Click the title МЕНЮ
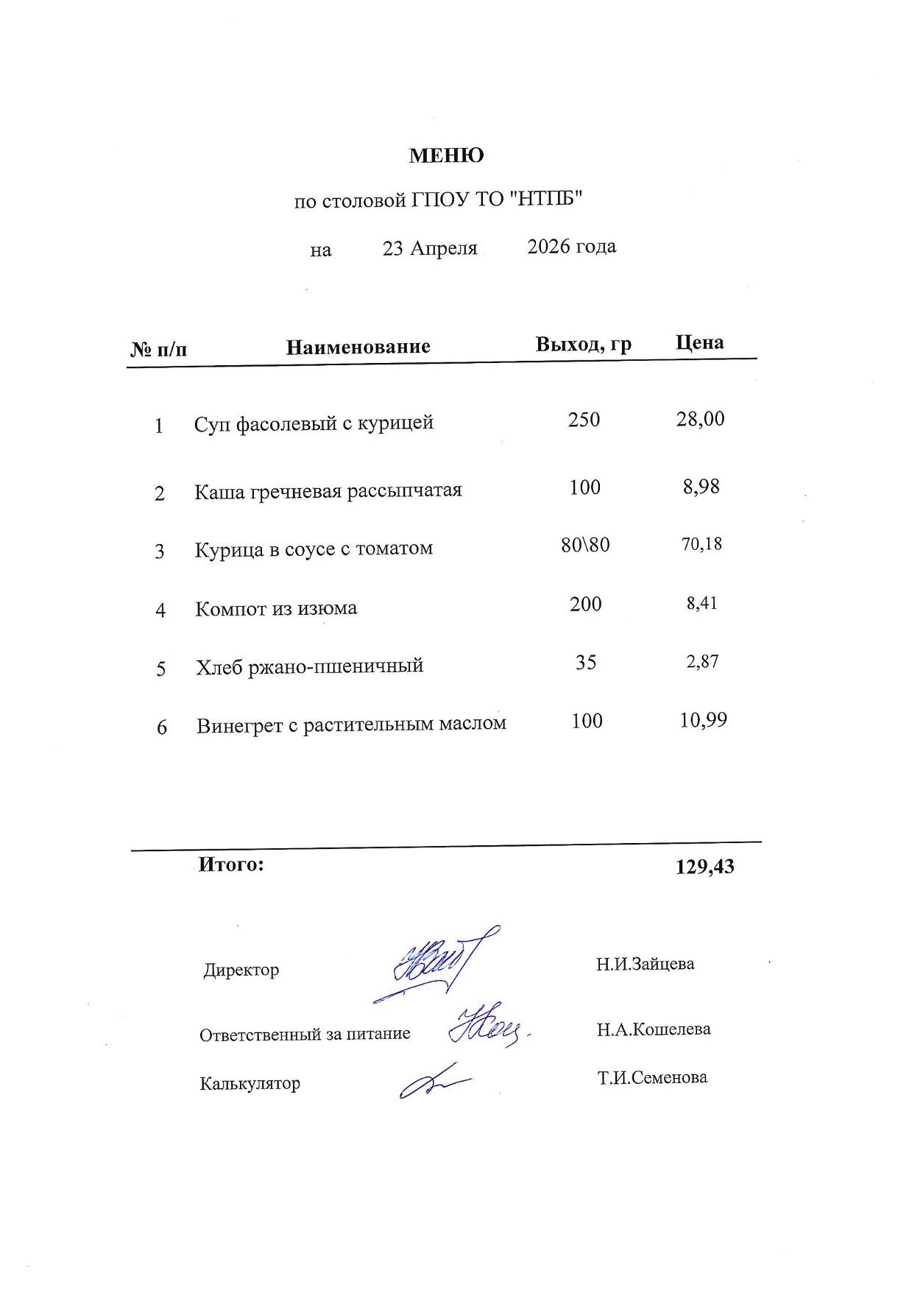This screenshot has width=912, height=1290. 446,156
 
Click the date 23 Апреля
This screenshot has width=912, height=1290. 430,248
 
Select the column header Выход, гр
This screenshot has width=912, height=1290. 583,344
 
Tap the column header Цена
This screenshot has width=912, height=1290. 699,342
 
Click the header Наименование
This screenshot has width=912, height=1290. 358,347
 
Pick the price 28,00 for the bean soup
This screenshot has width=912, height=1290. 700,419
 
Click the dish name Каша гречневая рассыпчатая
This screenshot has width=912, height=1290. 328,491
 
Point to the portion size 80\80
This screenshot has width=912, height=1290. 585,545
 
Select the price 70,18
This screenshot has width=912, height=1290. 701,544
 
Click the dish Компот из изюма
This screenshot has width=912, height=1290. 276,609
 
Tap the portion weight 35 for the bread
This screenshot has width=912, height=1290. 586,662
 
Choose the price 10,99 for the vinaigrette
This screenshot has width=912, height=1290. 703,719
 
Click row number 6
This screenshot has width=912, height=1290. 162,727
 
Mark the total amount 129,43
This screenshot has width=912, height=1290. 704,867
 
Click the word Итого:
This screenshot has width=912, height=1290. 230,864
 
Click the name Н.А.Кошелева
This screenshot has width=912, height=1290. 653,1029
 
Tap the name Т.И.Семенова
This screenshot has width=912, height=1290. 652,1078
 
